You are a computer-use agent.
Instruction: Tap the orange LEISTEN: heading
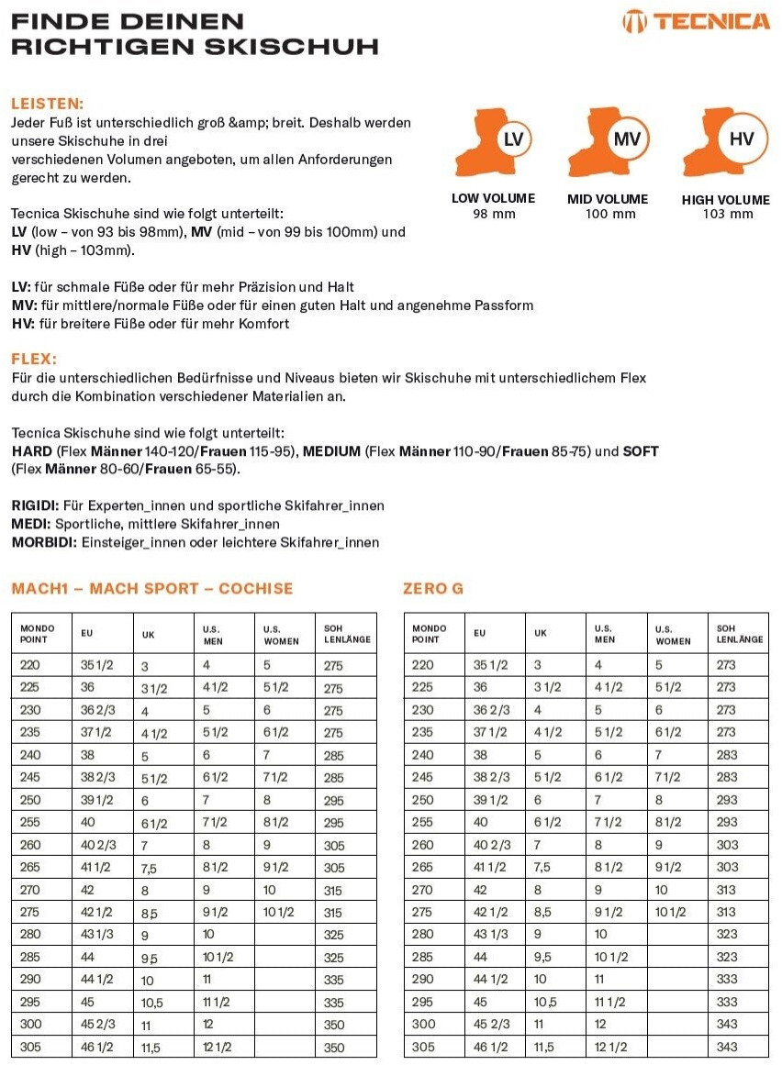tap(47, 104)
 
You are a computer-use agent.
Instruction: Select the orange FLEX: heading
tap(34, 359)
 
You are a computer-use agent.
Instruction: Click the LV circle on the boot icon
tap(514, 140)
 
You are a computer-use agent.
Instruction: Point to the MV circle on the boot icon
tap(627, 140)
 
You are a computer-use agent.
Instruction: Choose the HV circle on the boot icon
tap(741, 140)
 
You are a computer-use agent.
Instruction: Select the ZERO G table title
tap(433, 588)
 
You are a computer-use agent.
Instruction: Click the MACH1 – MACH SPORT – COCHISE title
tap(152, 588)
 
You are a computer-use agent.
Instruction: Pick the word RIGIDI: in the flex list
tap(36, 505)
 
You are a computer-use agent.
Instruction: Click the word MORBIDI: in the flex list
tap(44, 542)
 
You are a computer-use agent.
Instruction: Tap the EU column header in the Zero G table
tap(480, 633)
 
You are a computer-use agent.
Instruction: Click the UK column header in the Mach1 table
tap(149, 633)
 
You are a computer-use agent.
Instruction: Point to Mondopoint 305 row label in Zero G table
tap(423, 1047)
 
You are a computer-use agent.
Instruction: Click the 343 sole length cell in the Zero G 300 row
tap(726, 1025)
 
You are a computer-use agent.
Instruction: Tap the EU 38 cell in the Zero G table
tap(480, 755)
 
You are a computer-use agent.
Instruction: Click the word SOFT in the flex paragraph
tap(641, 451)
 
